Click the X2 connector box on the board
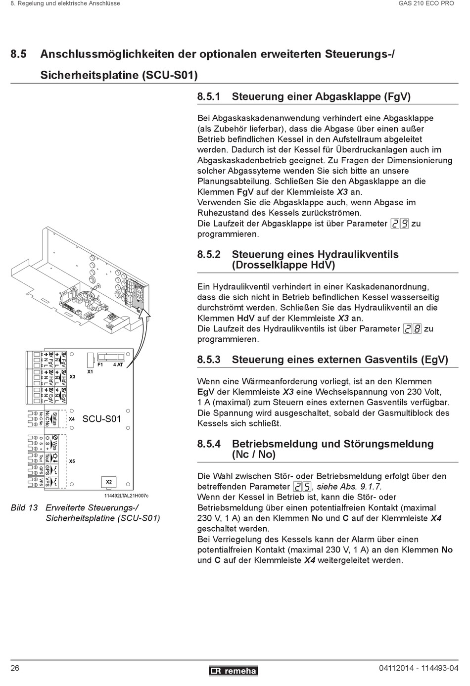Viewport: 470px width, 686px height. (109, 481)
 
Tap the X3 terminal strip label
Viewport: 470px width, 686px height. (72, 376)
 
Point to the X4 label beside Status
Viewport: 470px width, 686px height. (72, 419)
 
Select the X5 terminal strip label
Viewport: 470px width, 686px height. (72, 461)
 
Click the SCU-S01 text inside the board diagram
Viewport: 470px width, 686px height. (101, 419)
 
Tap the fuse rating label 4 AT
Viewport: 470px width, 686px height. (118, 365)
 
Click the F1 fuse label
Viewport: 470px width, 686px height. (100, 365)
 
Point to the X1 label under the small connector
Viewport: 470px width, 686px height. (90, 371)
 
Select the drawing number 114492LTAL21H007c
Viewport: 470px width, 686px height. (126, 495)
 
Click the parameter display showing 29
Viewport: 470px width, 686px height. (400, 224)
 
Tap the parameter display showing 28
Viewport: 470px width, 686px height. (412, 329)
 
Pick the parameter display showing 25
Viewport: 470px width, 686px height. (302, 487)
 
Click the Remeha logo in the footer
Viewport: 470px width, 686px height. (233, 671)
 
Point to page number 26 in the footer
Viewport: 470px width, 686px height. (15, 669)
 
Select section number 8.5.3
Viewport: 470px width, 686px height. (209, 360)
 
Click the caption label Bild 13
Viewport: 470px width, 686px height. (24, 507)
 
